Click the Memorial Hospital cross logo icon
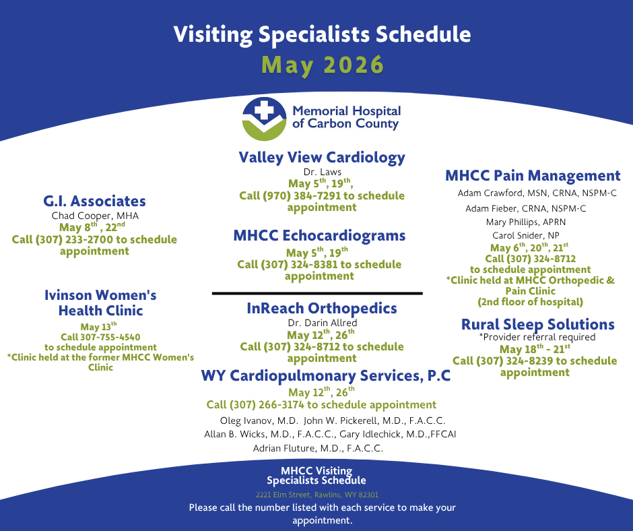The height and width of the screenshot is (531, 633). tap(265, 119)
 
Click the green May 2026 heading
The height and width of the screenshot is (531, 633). tap(323, 65)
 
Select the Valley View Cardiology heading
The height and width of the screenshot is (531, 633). tap(322, 157)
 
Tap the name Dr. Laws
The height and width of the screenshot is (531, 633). tap(323, 172)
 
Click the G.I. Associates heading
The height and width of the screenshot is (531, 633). tap(94, 201)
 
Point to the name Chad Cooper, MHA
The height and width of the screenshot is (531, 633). tap(95, 216)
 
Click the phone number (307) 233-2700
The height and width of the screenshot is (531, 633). tap(74, 240)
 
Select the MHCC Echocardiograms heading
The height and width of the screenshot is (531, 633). tap(319, 235)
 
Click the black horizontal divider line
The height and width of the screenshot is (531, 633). tap(317, 293)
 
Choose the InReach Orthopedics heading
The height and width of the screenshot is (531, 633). tap(322, 309)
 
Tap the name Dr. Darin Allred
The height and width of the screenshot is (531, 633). tap(323, 323)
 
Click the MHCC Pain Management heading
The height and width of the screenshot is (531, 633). tap(533, 176)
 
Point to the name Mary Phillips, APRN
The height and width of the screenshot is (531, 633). tap(526, 222)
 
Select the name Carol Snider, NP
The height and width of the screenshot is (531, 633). tap(526, 235)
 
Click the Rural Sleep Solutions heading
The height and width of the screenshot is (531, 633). tap(538, 324)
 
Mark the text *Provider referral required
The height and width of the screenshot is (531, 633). tap(537, 337)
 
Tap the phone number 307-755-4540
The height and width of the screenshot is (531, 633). tap(110, 337)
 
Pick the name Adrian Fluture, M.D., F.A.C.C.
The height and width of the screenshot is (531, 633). tap(318, 448)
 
